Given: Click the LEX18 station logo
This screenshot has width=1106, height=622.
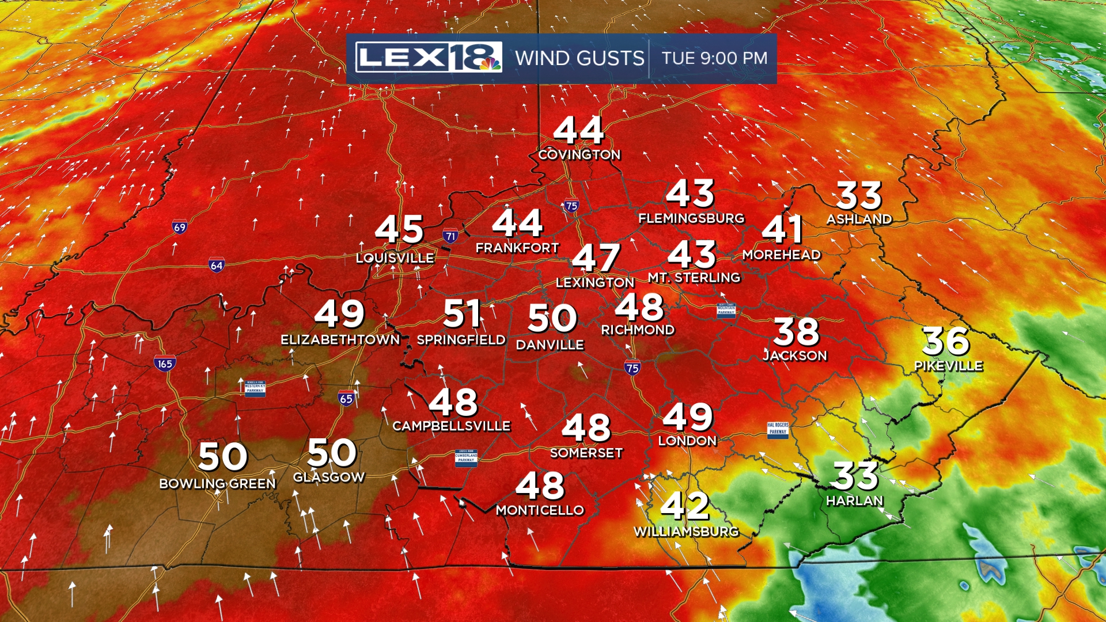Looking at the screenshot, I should [x=429, y=57].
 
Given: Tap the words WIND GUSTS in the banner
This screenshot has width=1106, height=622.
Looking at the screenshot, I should [x=579, y=58].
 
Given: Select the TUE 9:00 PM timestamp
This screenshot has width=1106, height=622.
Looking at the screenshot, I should [x=714, y=58].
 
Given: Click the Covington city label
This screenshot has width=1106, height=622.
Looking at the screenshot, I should [x=579, y=154].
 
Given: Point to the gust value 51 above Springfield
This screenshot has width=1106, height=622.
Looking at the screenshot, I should [x=463, y=314].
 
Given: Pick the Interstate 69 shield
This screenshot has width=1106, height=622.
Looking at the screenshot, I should [x=180, y=227].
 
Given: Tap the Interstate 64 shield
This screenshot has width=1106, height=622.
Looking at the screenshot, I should [x=217, y=265].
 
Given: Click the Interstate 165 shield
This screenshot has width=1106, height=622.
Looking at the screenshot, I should [x=165, y=363].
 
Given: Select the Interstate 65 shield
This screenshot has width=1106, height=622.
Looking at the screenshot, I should [x=346, y=398].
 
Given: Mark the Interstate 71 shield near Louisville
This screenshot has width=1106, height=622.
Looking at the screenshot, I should [x=450, y=235].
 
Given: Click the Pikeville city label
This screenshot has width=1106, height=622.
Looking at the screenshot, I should [x=948, y=366].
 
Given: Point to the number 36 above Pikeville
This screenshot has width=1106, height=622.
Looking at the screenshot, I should [x=946, y=341].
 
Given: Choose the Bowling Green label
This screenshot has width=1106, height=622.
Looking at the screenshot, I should [x=217, y=484].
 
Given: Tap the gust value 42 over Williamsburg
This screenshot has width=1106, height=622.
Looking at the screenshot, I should [x=684, y=506].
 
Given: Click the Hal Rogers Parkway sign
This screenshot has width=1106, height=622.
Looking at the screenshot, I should [x=778, y=429].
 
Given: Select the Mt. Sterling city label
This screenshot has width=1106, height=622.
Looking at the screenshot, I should [x=694, y=278].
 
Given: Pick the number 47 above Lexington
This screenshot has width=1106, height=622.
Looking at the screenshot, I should [x=596, y=257].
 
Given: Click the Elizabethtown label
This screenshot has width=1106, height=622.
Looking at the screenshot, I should [x=340, y=340].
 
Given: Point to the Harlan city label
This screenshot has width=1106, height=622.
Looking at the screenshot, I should [x=855, y=501].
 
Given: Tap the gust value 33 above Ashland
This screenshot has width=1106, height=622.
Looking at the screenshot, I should [x=859, y=196].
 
